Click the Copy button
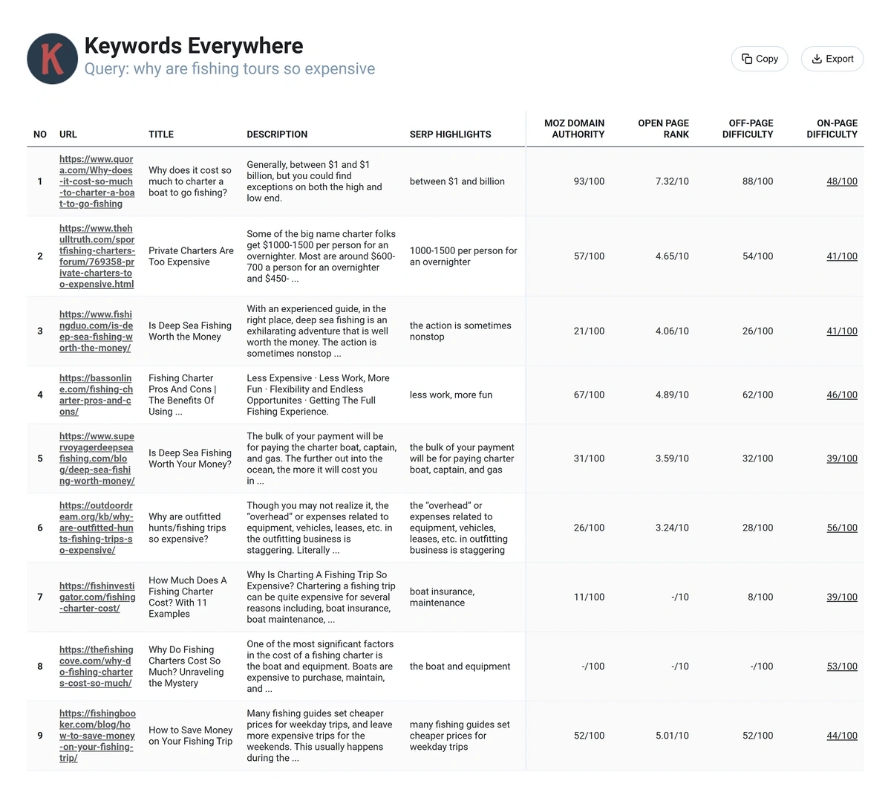click(760, 59)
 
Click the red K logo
click(52, 59)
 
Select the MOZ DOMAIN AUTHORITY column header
click(574, 129)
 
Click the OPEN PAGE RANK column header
click(663, 129)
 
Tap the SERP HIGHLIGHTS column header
click(450, 134)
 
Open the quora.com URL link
click(97, 181)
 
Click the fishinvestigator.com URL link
click(97, 597)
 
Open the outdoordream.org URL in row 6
click(96, 528)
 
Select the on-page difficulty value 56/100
click(841, 528)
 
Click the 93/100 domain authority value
click(589, 181)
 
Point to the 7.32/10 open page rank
click(672, 181)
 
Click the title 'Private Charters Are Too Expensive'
click(191, 256)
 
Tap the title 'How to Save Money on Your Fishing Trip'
click(190, 736)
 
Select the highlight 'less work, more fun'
click(451, 395)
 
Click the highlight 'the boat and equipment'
click(460, 667)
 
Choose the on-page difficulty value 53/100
click(841, 667)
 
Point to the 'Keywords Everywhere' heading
click(194, 45)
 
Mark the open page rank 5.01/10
click(672, 736)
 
